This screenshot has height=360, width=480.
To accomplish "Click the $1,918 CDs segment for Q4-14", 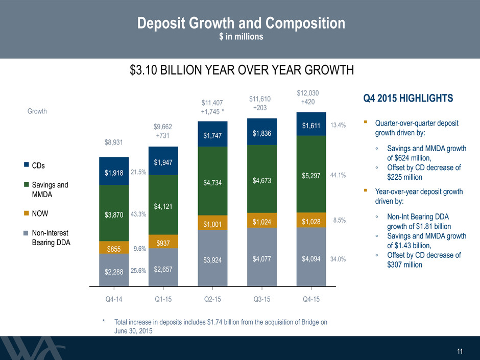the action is (114, 171).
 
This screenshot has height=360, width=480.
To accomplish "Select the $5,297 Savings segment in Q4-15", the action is (311, 174).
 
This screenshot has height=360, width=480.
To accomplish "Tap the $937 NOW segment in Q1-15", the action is (163, 242).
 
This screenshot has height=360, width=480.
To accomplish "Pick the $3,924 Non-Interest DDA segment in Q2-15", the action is (212, 258).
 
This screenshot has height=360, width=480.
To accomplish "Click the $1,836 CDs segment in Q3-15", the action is (262, 132).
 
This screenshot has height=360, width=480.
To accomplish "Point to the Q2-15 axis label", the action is (212, 299).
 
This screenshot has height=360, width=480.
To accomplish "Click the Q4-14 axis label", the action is (114, 299).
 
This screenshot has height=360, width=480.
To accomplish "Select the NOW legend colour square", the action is (27, 213).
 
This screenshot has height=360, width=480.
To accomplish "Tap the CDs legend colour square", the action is (27, 165).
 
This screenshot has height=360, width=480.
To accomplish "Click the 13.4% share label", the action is (338, 125).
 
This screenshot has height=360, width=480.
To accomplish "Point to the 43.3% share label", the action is (138, 214).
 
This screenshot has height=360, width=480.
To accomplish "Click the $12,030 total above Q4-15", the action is (307, 93).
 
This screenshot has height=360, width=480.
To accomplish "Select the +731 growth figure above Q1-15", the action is (162, 135).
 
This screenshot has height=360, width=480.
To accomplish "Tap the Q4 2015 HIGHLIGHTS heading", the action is (408, 98).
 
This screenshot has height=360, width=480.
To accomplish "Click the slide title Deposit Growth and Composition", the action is (241, 23).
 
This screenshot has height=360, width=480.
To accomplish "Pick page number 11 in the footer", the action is (460, 351).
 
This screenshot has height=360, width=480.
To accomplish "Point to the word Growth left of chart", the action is (37, 111).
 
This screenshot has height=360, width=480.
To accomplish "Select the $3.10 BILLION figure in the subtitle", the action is (166, 70).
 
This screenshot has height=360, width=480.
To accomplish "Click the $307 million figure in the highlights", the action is (405, 265).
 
